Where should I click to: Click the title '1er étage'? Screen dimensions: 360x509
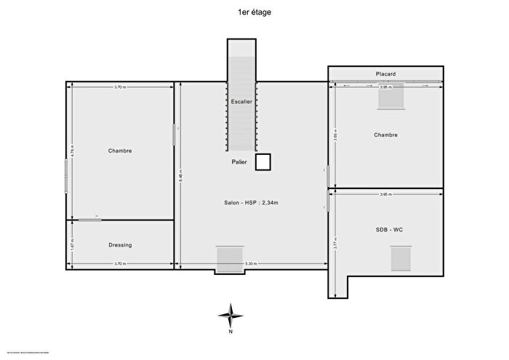click(x=254, y=12)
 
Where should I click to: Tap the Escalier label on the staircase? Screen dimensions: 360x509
click(x=241, y=102)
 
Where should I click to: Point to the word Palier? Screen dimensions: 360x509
click(x=239, y=161)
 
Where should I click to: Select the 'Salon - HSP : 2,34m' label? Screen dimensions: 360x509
click(x=251, y=202)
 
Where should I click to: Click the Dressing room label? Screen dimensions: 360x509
click(x=120, y=245)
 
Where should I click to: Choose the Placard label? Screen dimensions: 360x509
click(x=385, y=74)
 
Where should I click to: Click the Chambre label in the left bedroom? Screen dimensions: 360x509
click(x=120, y=151)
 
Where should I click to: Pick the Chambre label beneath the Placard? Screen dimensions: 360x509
click(x=385, y=135)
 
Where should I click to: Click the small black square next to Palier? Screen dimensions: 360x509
click(x=262, y=161)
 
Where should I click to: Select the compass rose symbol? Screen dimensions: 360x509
click(x=231, y=315)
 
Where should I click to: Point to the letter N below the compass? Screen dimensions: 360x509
click(x=231, y=332)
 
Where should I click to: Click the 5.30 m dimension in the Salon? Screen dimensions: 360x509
click(x=251, y=264)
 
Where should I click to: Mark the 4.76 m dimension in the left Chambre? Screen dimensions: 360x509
click(x=72, y=151)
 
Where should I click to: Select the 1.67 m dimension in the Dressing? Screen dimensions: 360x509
click(x=72, y=245)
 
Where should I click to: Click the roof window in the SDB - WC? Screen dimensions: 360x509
click(x=401, y=258)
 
